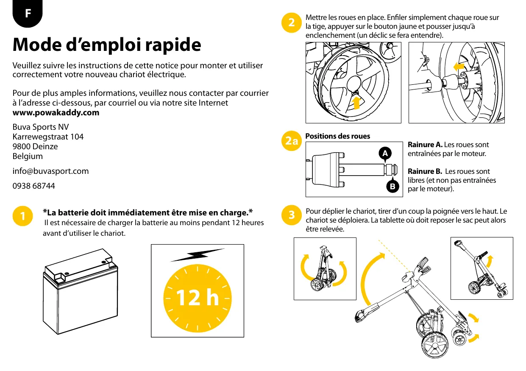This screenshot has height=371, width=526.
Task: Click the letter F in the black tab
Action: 28,13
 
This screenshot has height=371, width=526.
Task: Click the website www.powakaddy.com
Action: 56,112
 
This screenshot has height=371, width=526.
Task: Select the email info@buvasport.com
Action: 50,171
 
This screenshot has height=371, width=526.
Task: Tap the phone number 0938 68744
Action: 33,186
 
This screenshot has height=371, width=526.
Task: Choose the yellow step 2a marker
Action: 292,141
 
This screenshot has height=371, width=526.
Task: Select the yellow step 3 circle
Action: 292,215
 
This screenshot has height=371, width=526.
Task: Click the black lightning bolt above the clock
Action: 198,255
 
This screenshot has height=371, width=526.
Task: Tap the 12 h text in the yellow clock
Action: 198,298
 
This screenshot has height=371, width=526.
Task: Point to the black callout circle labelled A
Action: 384,153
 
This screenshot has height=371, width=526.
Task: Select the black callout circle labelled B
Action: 392,186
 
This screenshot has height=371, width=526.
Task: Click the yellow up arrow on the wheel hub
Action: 357,102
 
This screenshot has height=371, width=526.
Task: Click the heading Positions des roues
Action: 337,136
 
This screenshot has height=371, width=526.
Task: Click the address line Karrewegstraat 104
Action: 48,137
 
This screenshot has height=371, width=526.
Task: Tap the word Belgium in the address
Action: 28,156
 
